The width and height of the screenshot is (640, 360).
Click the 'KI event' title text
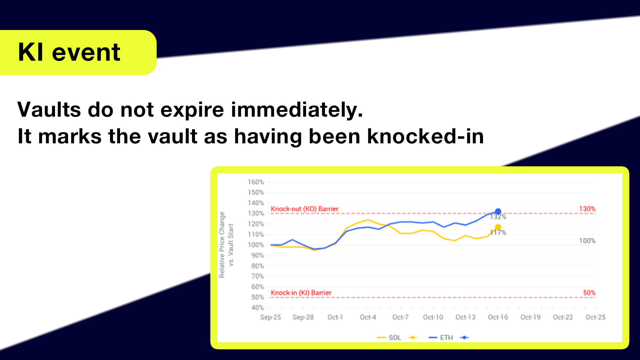69,52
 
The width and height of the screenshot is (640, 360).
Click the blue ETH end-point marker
498,211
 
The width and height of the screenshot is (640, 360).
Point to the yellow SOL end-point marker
498,227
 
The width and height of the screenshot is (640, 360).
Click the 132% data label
498,217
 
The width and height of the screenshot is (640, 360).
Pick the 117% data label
498,233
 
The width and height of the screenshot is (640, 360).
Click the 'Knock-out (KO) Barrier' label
304,209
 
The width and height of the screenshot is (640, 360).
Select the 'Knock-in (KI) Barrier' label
301,293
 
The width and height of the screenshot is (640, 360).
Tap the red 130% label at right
587,209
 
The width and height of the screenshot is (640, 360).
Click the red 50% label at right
589,293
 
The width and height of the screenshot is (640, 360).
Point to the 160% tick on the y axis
256,182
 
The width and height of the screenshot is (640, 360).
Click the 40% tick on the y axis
258,308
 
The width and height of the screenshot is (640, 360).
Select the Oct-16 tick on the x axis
498,317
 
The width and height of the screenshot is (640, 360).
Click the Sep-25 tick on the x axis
270,317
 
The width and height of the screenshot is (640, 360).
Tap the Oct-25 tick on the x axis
595,317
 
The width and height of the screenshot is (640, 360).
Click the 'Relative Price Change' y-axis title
222,245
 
